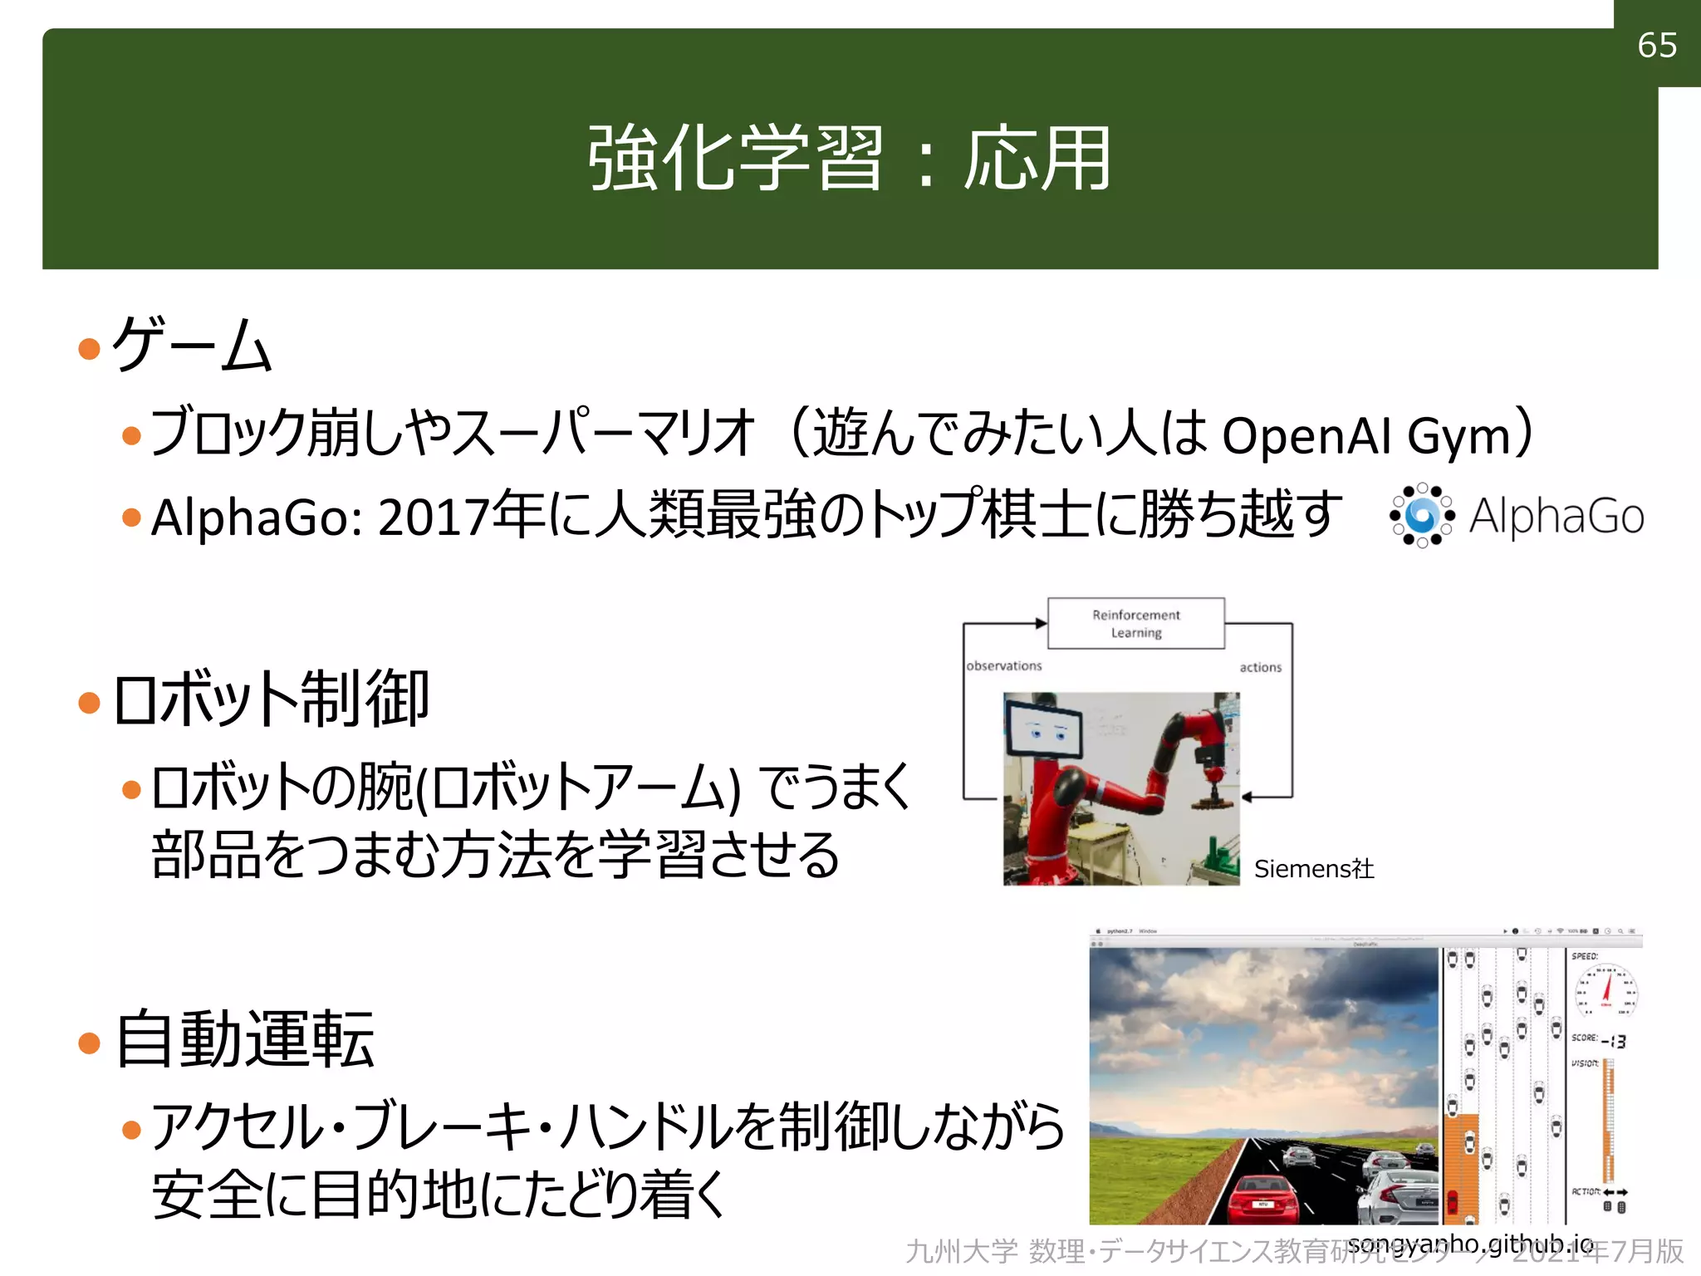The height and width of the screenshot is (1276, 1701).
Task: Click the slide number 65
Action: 1656,45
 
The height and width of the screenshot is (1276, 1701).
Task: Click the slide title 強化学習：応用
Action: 849,158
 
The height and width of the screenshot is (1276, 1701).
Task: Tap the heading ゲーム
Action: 192,344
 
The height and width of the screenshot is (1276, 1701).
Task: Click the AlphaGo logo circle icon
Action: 1422,516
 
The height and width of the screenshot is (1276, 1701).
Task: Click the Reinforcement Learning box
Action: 1135,623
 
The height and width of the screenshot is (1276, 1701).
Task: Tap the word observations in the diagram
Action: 1003,666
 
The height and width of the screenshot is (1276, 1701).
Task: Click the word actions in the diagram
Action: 1260,667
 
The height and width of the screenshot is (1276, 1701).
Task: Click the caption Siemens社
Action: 1313,869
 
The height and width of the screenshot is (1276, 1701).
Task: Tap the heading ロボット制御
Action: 271,699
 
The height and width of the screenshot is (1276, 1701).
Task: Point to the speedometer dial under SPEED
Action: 1606,990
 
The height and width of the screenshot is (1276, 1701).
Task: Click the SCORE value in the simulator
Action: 1614,1041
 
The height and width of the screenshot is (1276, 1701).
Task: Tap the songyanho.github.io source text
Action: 1470,1244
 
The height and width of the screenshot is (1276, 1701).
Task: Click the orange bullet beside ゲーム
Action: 89,348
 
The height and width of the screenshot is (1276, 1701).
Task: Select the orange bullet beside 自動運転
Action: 89,1043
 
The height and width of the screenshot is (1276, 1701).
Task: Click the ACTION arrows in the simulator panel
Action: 1615,1192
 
